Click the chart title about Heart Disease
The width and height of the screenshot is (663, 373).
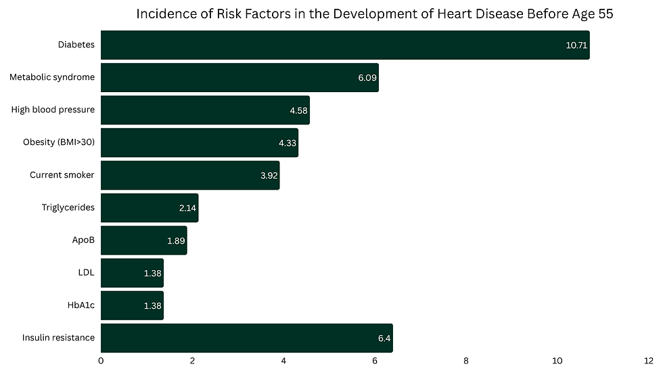[x=375, y=15]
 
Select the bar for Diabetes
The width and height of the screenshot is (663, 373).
[x=345, y=45]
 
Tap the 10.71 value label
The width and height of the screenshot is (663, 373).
[x=576, y=45]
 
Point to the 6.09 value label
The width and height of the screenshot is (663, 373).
[x=367, y=78]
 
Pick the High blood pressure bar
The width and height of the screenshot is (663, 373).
[x=205, y=110]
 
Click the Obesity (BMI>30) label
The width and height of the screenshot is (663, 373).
[x=59, y=142]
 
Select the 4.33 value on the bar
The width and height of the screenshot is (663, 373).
[x=288, y=143]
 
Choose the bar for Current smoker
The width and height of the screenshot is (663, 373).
[x=190, y=175]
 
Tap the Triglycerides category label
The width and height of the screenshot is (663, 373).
[x=68, y=207]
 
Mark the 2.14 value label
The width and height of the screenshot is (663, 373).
[x=187, y=208]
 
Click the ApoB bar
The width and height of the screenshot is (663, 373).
[x=143, y=240]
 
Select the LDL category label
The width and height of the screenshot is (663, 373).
[x=86, y=272]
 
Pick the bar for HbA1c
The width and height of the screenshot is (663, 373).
[x=132, y=305]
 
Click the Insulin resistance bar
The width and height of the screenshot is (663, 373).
[x=247, y=338]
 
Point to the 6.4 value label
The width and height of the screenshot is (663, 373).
[x=384, y=338]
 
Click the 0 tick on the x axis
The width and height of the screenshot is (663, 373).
[x=101, y=362]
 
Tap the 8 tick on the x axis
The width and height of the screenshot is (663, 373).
[x=466, y=362]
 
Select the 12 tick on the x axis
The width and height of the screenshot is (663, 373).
[x=648, y=362]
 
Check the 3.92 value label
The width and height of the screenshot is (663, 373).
[x=269, y=175]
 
